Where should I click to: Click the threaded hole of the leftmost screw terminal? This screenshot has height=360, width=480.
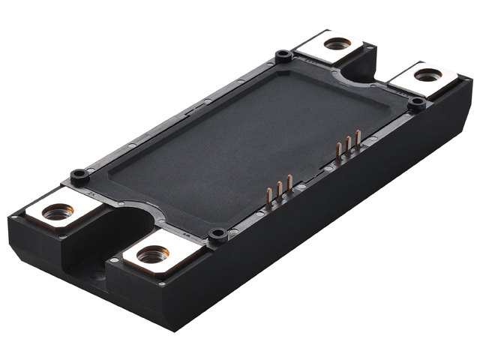click(55, 213)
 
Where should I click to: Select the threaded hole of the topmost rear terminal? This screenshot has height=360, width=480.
click(337, 43)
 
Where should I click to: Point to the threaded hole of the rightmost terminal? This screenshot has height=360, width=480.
click(427, 75)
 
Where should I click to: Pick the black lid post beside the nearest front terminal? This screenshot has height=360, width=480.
click(217, 235)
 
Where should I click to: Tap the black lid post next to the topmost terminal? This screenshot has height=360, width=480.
click(283, 55)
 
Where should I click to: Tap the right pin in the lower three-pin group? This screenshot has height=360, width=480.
click(289, 184)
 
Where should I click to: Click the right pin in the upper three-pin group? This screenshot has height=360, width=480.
click(358, 139)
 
